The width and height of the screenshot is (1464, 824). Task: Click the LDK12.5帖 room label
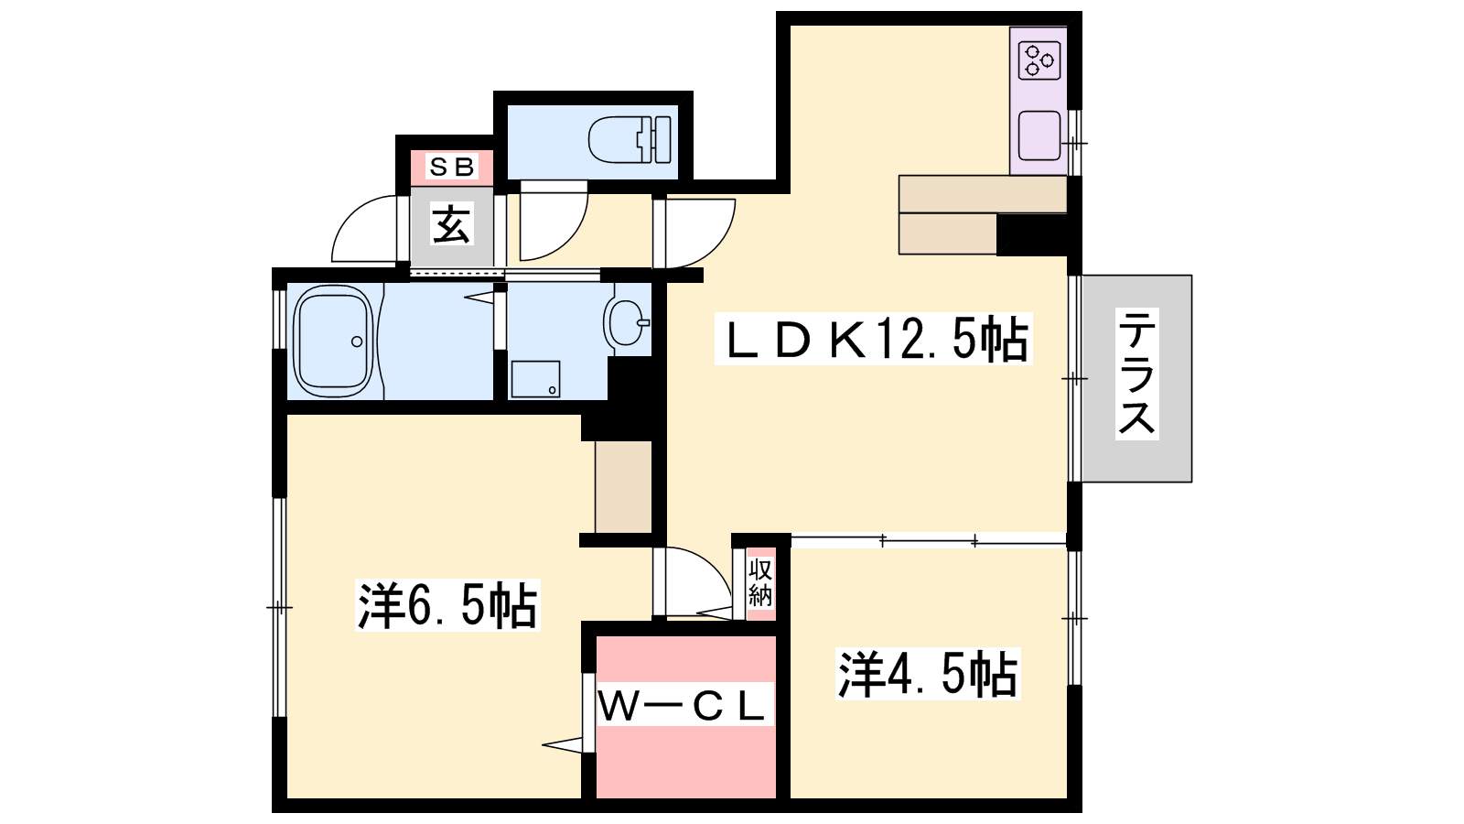pyautogui.click(x=874, y=339)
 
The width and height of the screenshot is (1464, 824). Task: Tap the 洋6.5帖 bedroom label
pyautogui.click(x=447, y=605)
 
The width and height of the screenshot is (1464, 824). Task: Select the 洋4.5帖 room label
pyautogui.click(x=928, y=674)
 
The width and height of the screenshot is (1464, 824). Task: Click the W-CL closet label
pyautogui.click(x=681, y=706)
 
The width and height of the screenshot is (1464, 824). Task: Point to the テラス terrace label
pyautogui.click(x=1137, y=374)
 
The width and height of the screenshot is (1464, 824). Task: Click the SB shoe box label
pyautogui.click(x=452, y=167)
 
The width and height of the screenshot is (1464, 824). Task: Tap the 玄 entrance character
pyautogui.click(x=451, y=224)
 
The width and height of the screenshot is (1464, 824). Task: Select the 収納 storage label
pyautogui.click(x=760, y=583)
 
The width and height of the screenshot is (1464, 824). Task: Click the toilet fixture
pyautogui.click(x=630, y=139)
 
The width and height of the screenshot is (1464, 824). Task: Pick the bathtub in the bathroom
pyautogui.click(x=333, y=342)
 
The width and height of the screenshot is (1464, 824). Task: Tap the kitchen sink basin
pyautogui.click(x=1039, y=136)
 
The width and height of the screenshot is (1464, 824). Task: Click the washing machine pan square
pyautogui.click(x=535, y=379)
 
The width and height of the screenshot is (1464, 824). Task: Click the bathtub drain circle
pyautogui.click(x=357, y=342)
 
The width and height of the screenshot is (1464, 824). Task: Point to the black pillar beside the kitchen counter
pyautogui.click(x=1031, y=234)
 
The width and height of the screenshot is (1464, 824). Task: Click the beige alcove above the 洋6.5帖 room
pyautogui.click(x=623, y=486)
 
